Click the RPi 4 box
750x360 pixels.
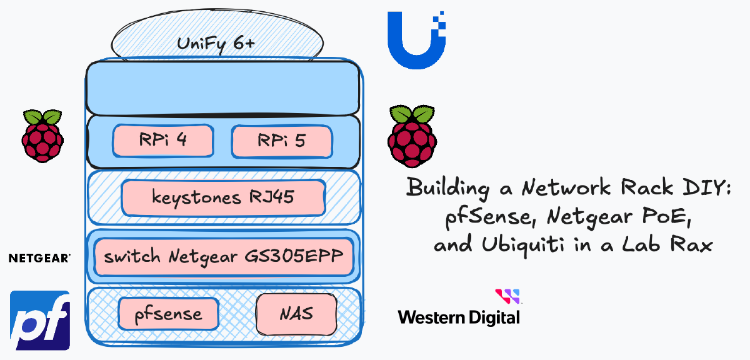tap(163, 141)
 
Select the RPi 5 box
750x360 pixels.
tap(281, 141)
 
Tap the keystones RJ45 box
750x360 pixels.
tap(223, 197)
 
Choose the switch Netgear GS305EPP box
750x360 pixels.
tap(224, 256)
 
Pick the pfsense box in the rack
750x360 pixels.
tap(169, 313)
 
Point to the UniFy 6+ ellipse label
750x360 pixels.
tap(218, 44)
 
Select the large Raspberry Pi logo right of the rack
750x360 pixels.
tap(411, 136)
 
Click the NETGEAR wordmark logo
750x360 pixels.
tap(39, 257)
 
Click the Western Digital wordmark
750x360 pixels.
tap(459, 317)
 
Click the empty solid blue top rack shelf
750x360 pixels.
tap(223, 87)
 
